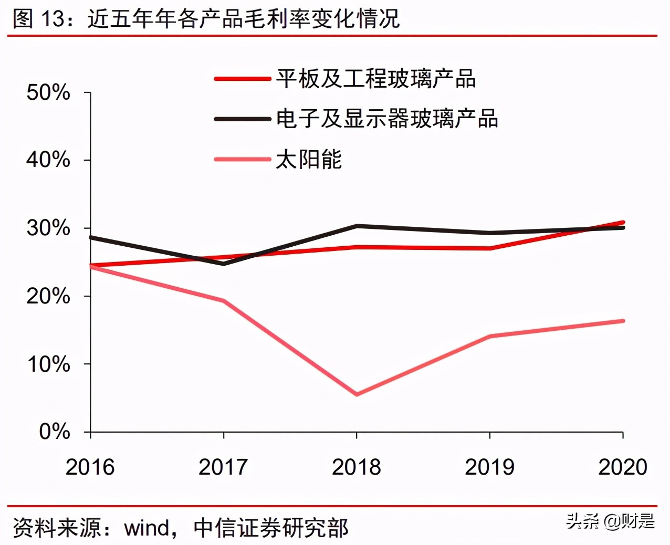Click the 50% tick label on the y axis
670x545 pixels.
tap(48, 92)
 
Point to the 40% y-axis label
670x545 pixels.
tap(48, 160)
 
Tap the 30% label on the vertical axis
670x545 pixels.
tap(48, 228)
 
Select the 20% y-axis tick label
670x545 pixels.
tap(48, 296)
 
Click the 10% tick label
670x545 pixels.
tap(48, 364)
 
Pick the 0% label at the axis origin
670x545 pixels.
tap(54, 432)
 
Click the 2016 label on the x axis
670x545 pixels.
tap(90, 467)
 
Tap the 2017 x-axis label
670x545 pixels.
tap(223, 467)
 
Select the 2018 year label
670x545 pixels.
tap(357, 467)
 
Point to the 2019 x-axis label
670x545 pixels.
tap(489, 467)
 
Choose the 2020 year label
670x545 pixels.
tap(623, 467)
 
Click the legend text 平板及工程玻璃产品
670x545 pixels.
tap(376, 79)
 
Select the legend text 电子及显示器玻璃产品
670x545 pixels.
tap(387, 119)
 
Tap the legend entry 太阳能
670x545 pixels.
tap(309, 159)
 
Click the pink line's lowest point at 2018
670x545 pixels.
tap(357, 394)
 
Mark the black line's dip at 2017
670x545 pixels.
tap(224, 264)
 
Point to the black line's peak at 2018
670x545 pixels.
tap(357, 226)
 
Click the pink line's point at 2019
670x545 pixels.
tap(490, 336)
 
